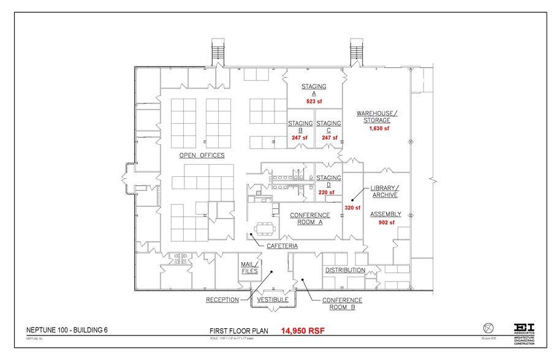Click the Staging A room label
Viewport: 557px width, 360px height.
(x=314, y=90)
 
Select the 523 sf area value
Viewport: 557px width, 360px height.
(x=314, y=102)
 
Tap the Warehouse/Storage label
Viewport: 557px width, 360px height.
(x=377, y=116)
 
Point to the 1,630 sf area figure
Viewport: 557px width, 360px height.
(x=379, y=129)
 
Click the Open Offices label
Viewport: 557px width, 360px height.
(x=202, y=156)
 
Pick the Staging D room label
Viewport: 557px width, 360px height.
(x=328, y=181)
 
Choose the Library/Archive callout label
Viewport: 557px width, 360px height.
(x=384, y=191)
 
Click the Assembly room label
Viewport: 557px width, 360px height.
(x=385, y=214)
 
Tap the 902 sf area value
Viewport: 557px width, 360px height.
(x=385, y=223)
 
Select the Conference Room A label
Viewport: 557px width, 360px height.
(x=309, y=219)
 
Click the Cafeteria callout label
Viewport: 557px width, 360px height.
(x=282, y=246)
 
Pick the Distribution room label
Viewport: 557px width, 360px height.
(x=345, y=270)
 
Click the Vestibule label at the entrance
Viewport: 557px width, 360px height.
(x=272, y=300)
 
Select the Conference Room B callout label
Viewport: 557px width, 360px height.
(x=342, y=304)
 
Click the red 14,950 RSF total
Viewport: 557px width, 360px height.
(x=303, y=331)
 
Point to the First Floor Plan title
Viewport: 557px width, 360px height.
(x=237, y=331)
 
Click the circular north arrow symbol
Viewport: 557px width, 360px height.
(x=488, y=326)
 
